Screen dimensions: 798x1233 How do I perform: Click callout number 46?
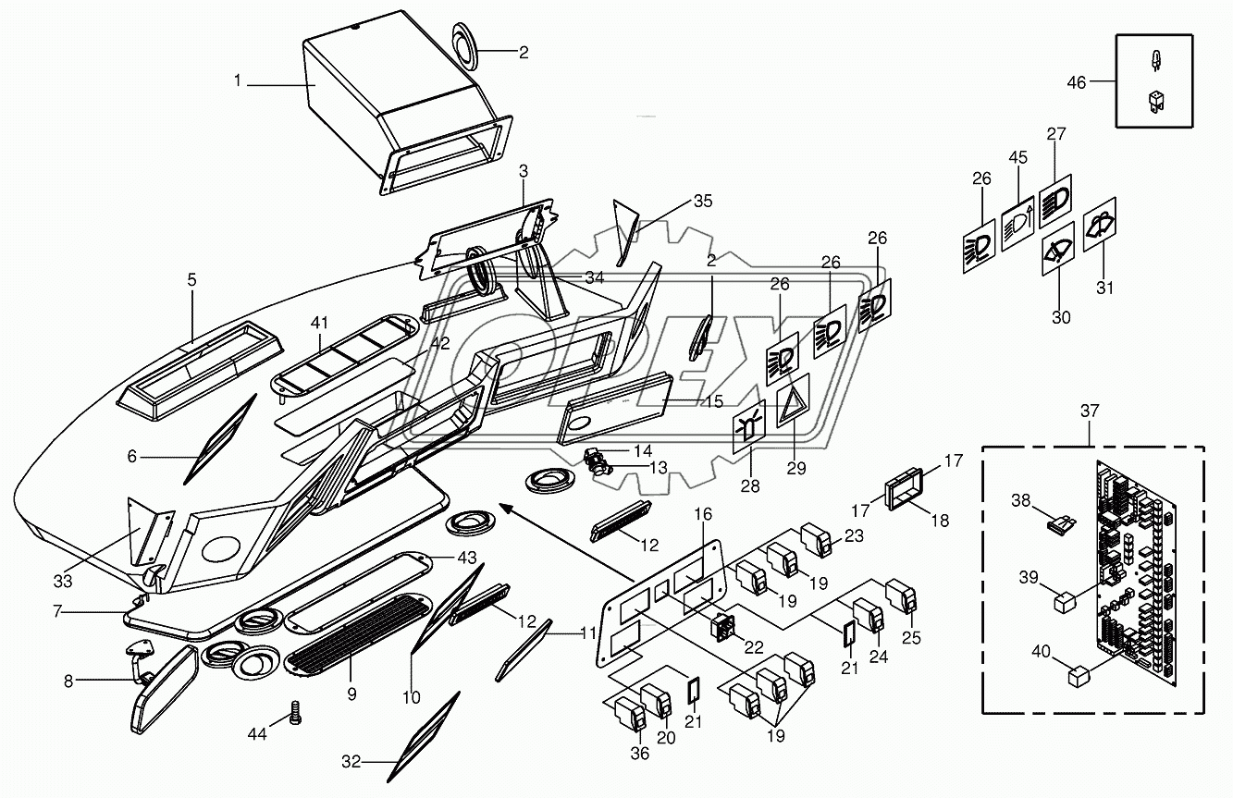point(1077,82)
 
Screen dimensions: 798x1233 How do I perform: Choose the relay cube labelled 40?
point(1078,678)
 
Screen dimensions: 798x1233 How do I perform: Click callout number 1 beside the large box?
point(237,81)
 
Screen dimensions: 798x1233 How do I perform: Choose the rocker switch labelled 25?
point(900,596)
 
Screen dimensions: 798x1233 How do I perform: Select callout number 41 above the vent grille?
point(319,323)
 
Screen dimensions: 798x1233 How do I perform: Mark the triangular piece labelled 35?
point(626,231)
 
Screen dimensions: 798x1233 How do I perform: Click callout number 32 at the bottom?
point(350,761)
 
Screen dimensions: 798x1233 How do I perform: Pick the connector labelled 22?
point(723,628)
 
